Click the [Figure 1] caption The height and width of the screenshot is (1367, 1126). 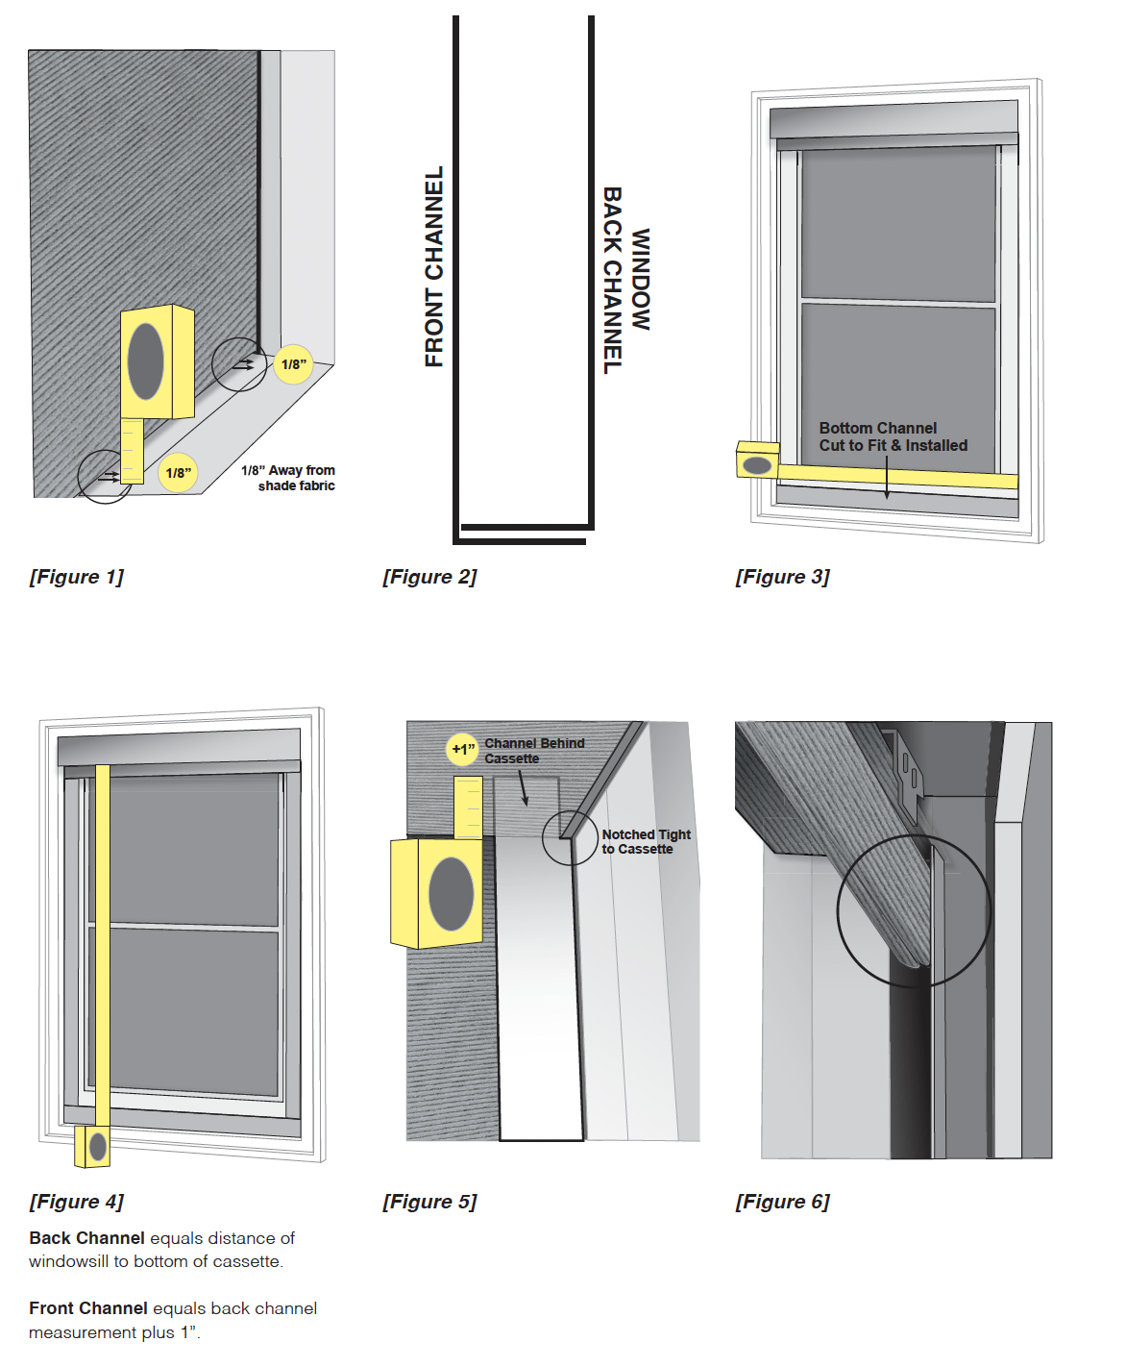[77, 577]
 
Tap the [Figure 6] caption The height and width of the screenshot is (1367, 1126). [782, 1202]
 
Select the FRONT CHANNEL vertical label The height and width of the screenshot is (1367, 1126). [434, 266]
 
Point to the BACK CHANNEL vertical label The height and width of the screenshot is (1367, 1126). [612, 280]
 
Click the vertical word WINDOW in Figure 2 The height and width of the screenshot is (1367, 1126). [641, 279]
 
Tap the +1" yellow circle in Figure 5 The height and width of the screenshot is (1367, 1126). [463, 749]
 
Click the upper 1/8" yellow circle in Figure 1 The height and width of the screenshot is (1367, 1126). [293, 364]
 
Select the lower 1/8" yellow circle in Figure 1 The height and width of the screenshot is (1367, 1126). [178, 473]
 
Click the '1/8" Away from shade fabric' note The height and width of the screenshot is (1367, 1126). [288, 478]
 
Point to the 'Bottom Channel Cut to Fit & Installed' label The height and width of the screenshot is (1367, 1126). [893, 436]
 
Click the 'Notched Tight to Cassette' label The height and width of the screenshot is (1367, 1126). [646, 842]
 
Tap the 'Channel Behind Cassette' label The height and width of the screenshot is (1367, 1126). [534, 751]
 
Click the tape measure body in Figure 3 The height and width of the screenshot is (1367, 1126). [757, 460]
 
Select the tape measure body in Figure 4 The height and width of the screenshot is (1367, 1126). [93, 1146]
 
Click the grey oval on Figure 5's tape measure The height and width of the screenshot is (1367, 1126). [451, 894]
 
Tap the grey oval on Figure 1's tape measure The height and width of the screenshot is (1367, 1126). [146, 361]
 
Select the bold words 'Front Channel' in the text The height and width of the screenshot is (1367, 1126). [88, 1308]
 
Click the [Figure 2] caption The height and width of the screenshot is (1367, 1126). [429, 577]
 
